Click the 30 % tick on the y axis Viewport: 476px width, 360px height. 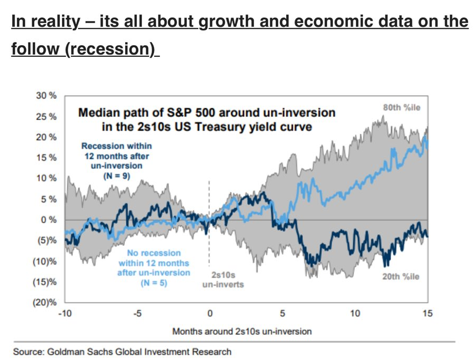(46, 96)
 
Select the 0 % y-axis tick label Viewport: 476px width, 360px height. (49, 220)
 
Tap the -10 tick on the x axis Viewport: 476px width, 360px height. (64, 314)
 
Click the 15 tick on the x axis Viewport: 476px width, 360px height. (428, 314)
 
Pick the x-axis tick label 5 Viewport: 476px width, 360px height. (282, 314)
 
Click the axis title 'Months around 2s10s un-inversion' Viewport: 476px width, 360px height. (242, 331)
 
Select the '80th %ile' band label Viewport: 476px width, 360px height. (402, 108)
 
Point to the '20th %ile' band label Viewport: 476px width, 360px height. (401, 277)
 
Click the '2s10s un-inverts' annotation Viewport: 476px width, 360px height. (223, 279)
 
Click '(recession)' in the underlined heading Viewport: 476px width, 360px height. (111, 49)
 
